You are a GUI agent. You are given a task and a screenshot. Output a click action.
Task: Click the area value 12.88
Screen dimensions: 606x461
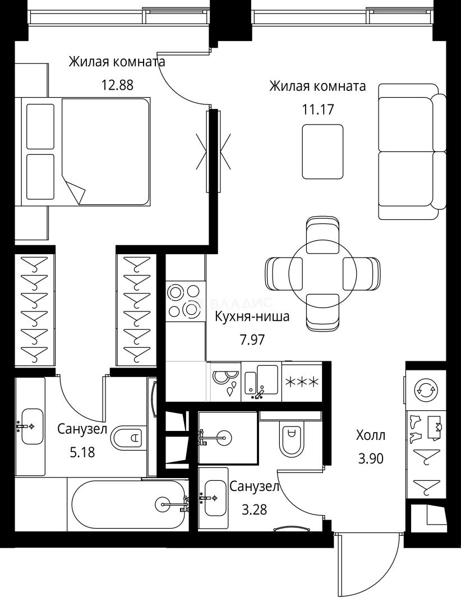click(117, 85)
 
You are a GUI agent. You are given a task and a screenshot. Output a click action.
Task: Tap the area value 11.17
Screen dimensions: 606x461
click(318, 109)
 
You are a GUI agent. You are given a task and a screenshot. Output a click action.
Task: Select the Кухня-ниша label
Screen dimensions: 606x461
click(252, 317)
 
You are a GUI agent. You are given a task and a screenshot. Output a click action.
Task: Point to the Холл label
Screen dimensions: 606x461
click(371, 435)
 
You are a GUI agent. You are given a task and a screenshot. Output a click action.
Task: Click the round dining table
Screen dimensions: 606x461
click(322, 274)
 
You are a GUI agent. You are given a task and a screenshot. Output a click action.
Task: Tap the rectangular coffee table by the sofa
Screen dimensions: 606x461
click(322, 151)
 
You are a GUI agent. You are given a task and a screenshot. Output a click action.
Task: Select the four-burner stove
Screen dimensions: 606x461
click(183, 301)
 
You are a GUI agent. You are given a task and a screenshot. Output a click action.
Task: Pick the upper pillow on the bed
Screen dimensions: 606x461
click(40, 125)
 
